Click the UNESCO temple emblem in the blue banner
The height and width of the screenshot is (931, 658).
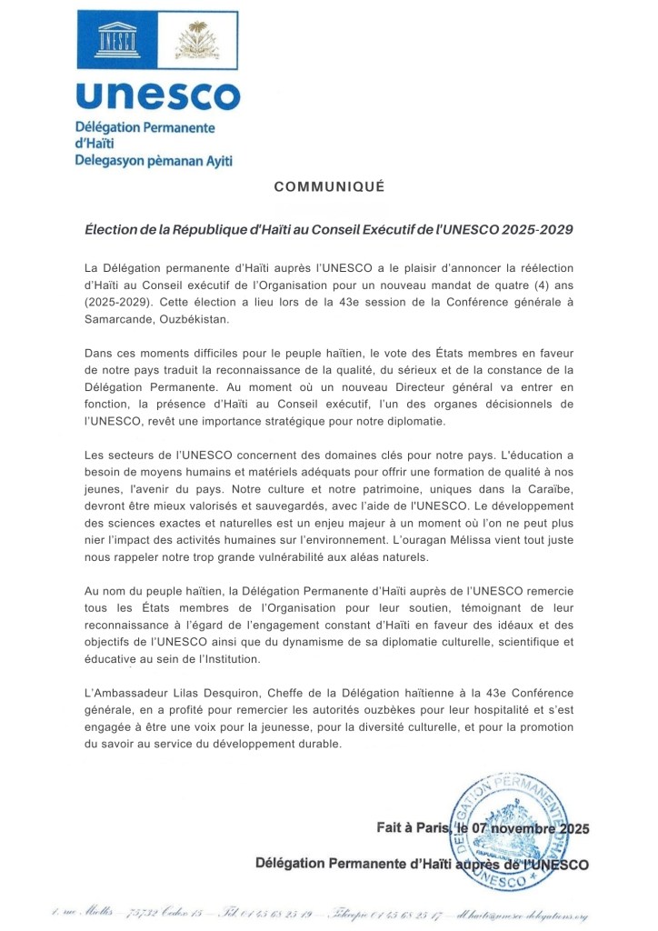[121, 41]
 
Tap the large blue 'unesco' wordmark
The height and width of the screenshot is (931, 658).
[157, 95]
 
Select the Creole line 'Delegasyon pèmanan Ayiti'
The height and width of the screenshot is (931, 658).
[154, 161]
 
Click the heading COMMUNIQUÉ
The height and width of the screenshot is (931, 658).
[329, 187]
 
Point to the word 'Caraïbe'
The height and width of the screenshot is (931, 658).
[543, 489]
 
